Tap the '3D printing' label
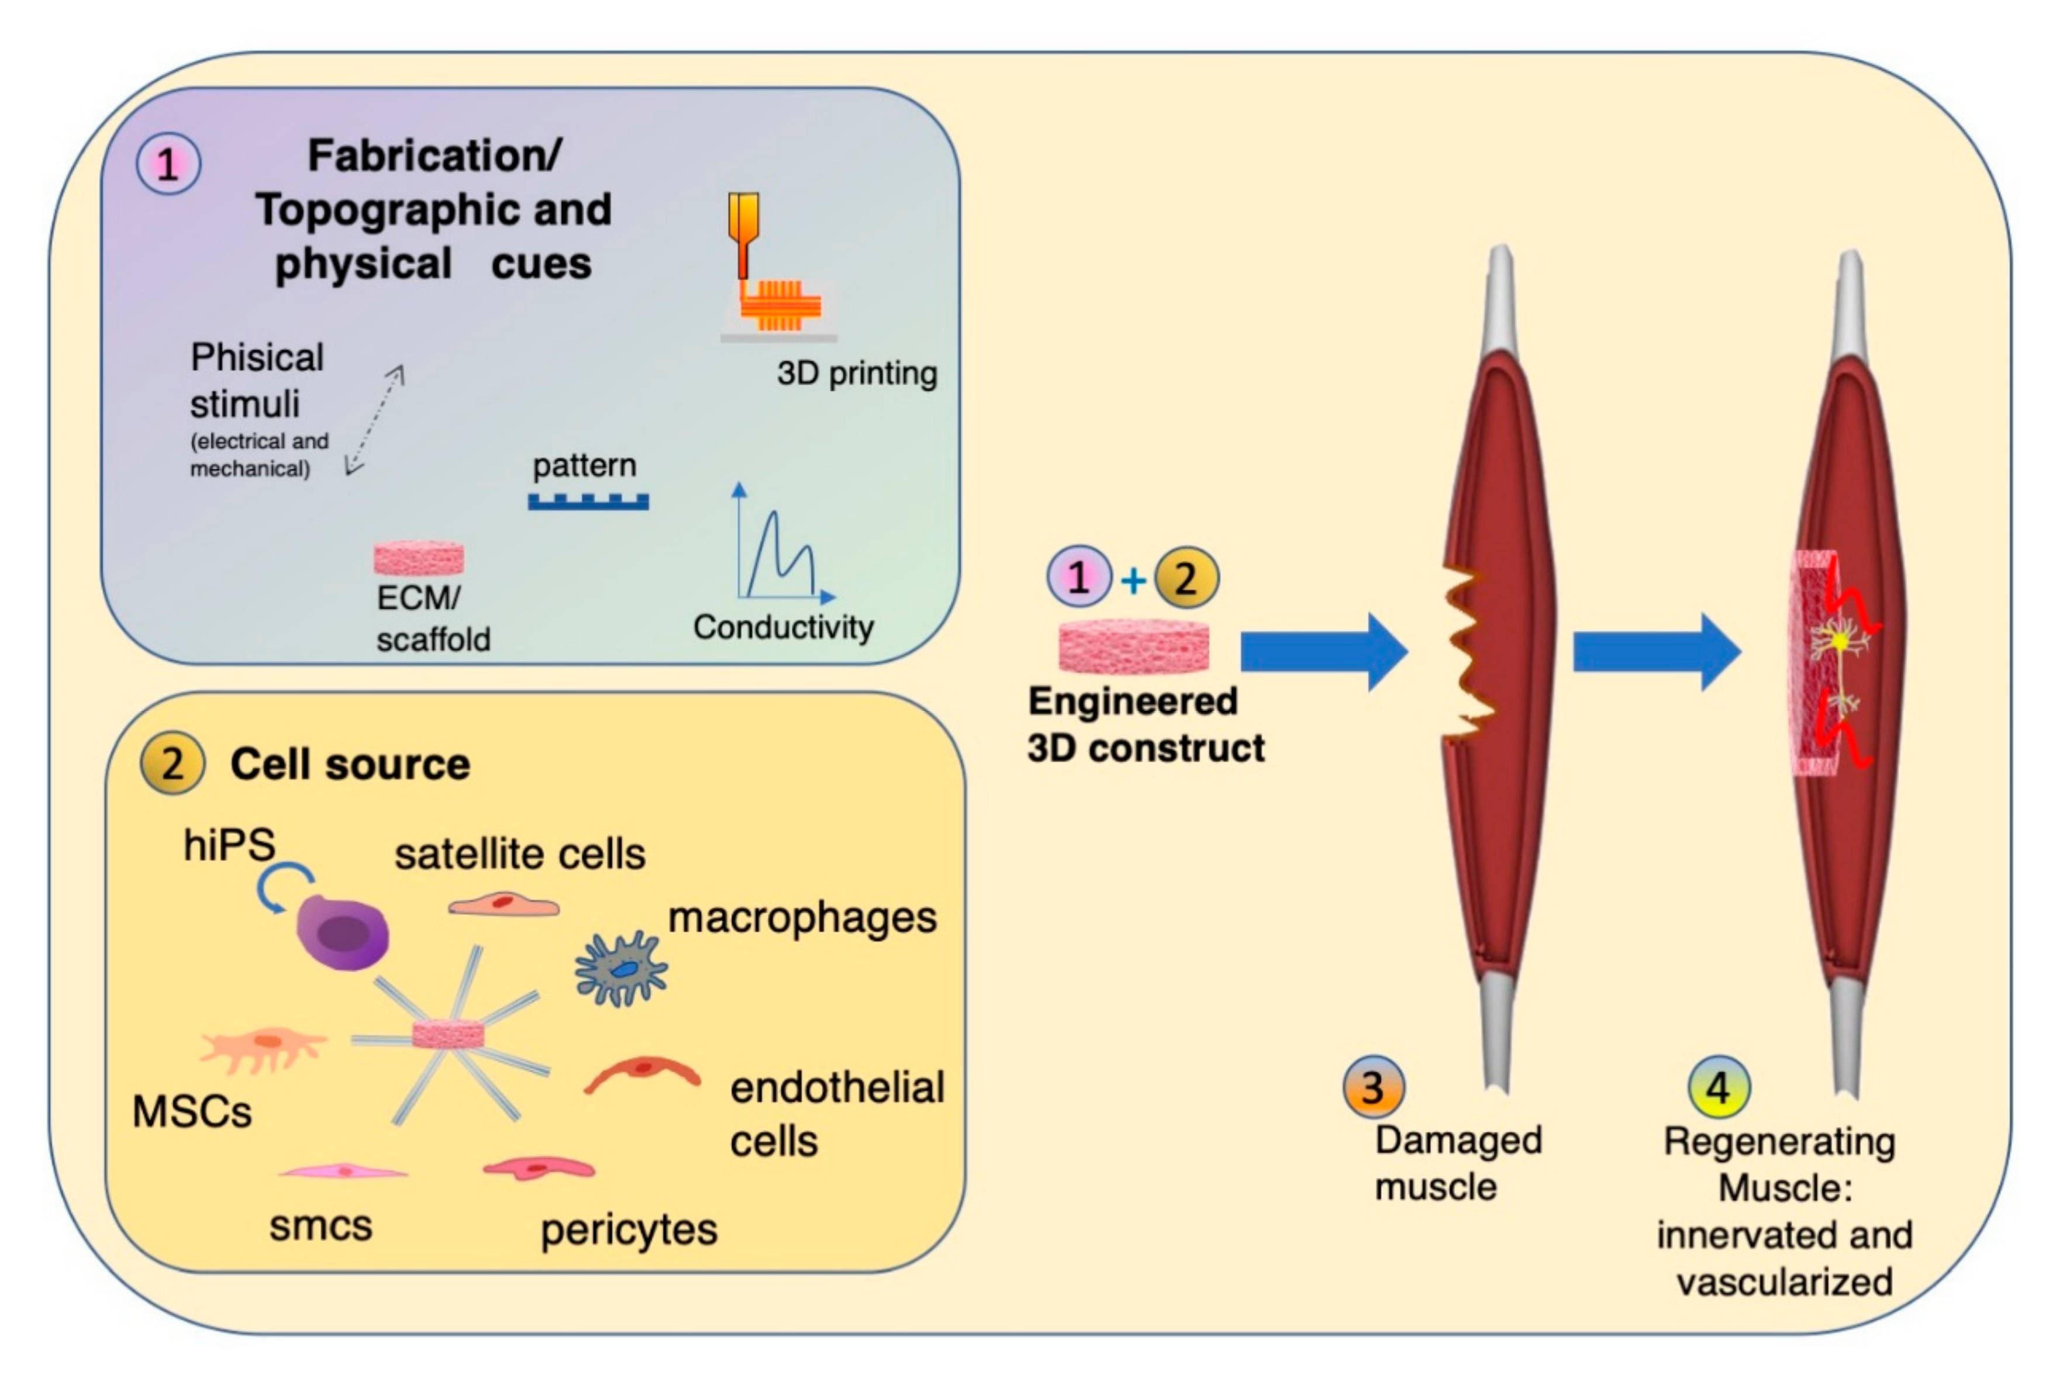click(x=856, y=374)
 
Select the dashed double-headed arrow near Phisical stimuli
click(x=374, y=420)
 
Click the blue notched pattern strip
click(x=588, y=502)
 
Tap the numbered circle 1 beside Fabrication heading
click(x=168, y=164)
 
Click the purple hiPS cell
click(x=342, y=932)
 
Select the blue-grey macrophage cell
click(x=621, y=969)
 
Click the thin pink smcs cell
click(x=343, y=1172)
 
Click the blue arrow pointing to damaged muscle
click(x=1323, y=652)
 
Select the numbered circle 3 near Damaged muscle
click(x=1373, y=1087)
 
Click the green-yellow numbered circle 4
click(x=1718, y=1087)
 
